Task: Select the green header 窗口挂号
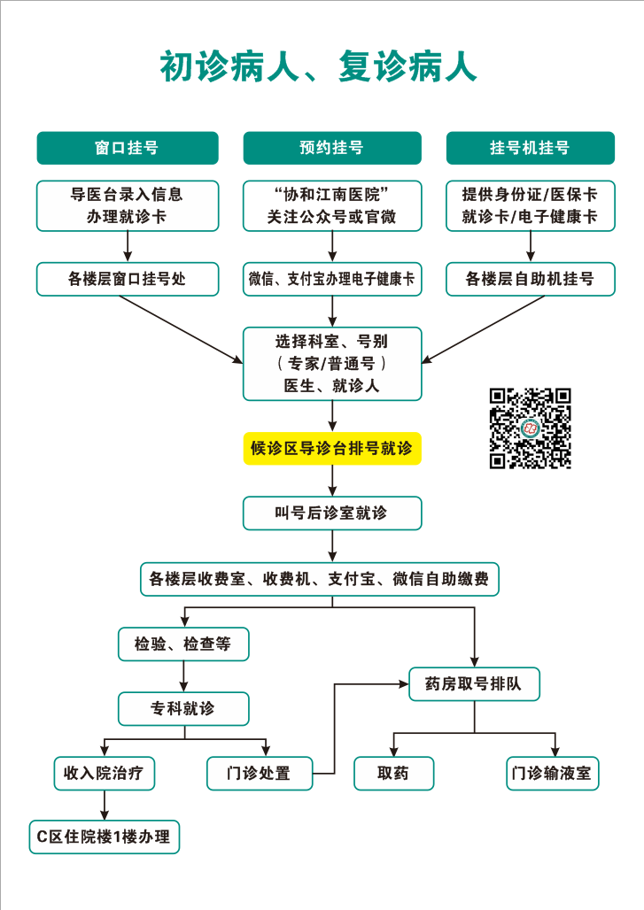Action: point(127,148)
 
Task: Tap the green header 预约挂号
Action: point(332,148)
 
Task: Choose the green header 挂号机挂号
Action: point(530,148)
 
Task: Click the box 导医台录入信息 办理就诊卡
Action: point(127,205)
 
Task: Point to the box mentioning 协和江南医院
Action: point(332,205)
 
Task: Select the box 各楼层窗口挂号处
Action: point(127,279)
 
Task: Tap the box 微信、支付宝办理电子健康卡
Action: point(332,279)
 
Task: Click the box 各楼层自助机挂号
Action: point(530,279)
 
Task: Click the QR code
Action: point(531,428)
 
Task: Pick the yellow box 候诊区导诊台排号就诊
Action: point(332,449)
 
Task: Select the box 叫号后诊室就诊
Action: point(332,513)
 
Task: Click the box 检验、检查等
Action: point(183,644)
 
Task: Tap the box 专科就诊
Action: point(183,708)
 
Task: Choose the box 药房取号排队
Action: point(474,684)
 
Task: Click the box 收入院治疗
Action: point(105,773)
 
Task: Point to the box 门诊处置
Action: point(260,773)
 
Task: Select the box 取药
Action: point(393,773)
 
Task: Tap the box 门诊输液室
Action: point(552,773)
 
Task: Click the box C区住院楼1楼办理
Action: point(105,836)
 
